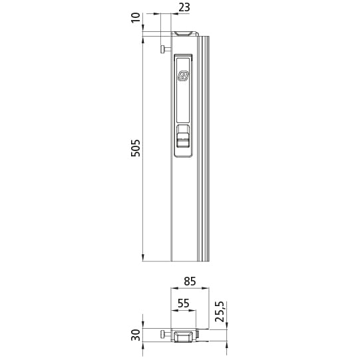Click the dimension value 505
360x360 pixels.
pyautogui.click(x=136, y=148)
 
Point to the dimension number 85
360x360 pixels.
pyautogui.click(x=190, y=281)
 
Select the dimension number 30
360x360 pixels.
pyautogui.click(x=136, y=335)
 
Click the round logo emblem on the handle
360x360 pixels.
pyautogui.click(x=184, y=76)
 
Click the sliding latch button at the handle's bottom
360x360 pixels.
pyautogui.click(x=184, y=140)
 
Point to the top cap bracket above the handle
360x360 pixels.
pyautogui.click(x=184, y=33)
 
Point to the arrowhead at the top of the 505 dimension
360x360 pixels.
pyautogui.click(x=143, y=39)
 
